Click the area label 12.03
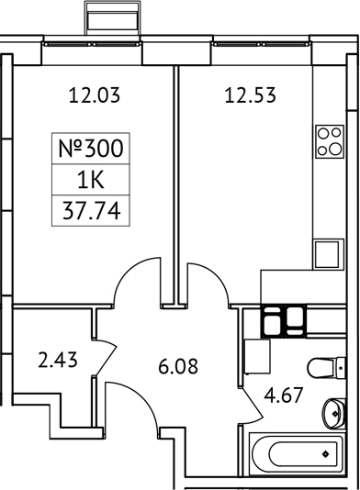96,93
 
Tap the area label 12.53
251,93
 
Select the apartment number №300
89,147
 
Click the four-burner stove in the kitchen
327,141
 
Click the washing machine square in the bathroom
257,352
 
